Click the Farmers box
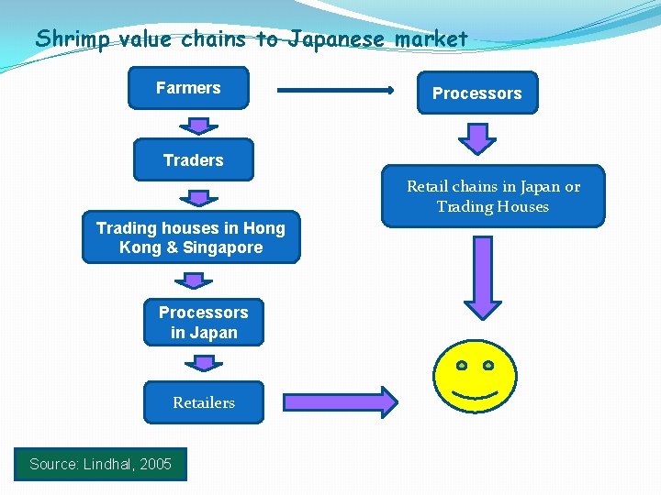(188, 88)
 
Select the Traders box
(193, 160)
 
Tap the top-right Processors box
(477, 93)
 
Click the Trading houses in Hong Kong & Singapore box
(191, 237)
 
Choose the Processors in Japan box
(203, 322)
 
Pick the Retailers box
(203, 402)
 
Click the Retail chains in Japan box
(494, 196)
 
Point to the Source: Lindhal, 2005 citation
(100, 464)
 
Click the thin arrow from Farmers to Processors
(335, 91)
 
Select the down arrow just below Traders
(198, 196)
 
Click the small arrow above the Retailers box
(204, 364)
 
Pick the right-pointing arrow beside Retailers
(340, 401)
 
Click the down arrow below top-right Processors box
(477, 137)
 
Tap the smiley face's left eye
(463, 365)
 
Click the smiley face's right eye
(488, 365)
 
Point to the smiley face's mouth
(476, 396)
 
